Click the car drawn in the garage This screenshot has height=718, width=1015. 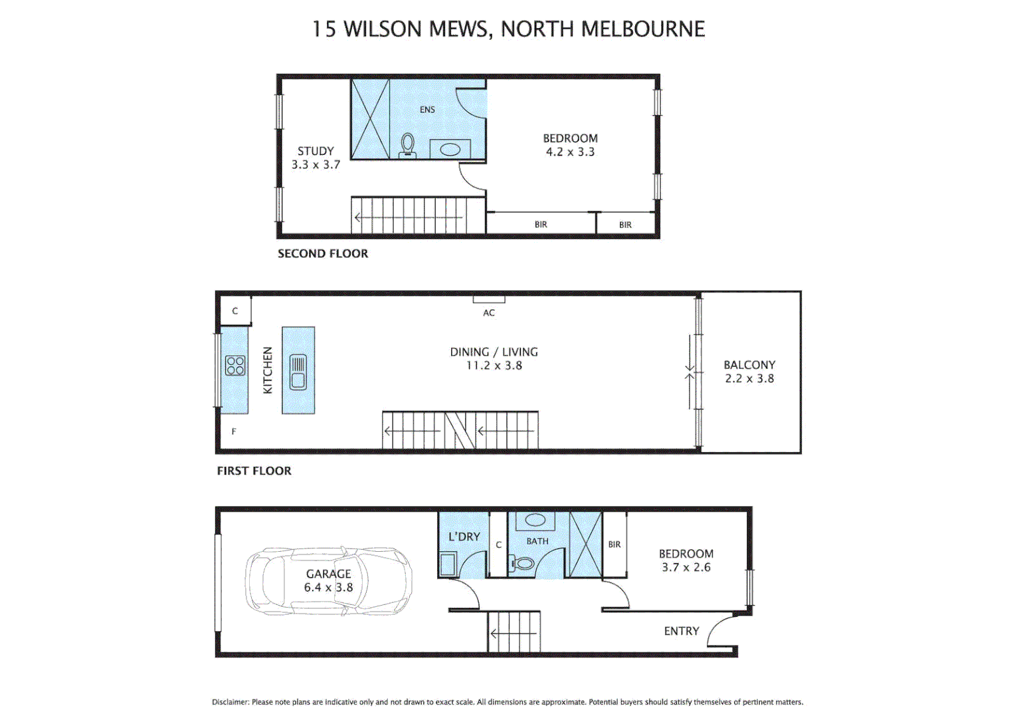[x=328, y=581]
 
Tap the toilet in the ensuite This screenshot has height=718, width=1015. [x=407, y=145]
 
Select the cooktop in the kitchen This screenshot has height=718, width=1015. [x=234, y=366]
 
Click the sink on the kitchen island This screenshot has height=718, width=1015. [x=298, y=372]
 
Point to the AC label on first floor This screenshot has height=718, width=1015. [x=489, y=312]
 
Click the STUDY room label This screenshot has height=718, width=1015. [x=316, y=151]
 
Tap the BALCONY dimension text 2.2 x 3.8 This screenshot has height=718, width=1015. [x=749, y=379]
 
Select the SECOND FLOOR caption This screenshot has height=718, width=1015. [x=323, y=253]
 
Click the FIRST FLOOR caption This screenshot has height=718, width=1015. [x=254, y=471]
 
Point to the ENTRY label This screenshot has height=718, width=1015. [x=682, y=631]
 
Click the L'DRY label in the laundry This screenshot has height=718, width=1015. [x=464, y=537]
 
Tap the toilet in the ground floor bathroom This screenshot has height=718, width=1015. [x=523, y=564]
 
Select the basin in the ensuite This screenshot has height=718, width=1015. [x=450, y=150]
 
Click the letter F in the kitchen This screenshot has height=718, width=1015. [x=234, y=431]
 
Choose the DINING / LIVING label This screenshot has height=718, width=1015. [x=494, y=352]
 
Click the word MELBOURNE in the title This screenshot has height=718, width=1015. [x=643, y=29]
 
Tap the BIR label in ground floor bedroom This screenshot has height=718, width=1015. [x=614, y=544]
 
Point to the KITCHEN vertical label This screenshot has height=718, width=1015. [x=268, y=370]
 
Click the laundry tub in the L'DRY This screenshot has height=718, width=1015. [x=448, y=565]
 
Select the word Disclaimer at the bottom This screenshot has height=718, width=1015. [x=230, y=702]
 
